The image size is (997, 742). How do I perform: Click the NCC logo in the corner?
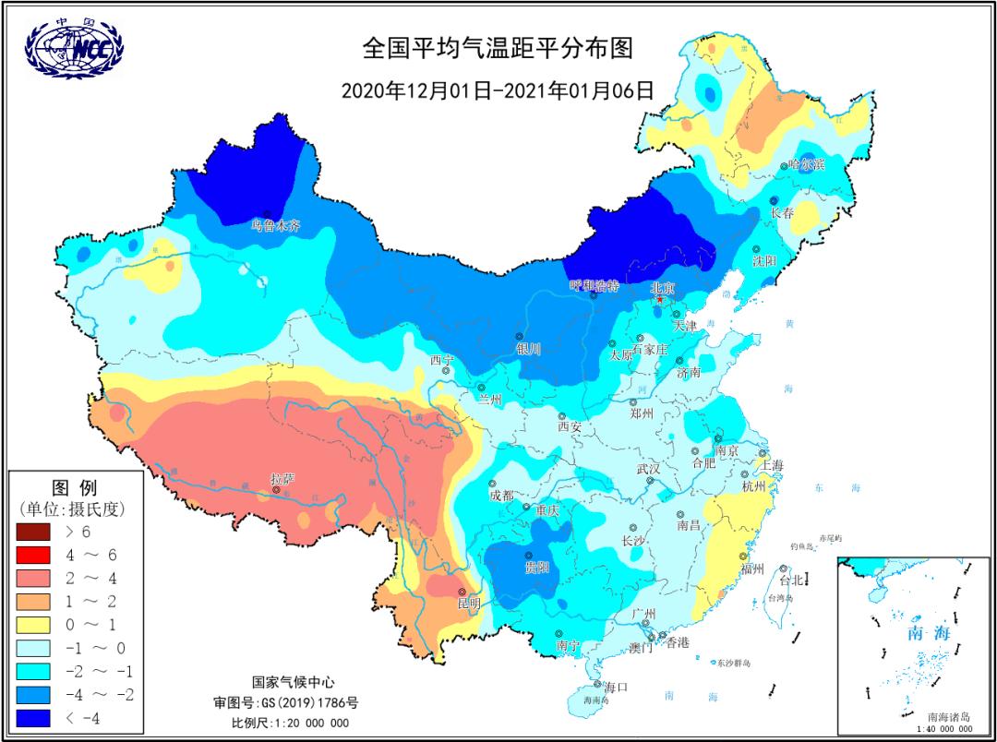click(75, 48)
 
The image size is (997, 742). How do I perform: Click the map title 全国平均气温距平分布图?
click(498, 48)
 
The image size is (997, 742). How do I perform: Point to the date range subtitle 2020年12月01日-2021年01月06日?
click(498, 90)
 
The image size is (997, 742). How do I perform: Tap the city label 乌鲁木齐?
click(276, 224)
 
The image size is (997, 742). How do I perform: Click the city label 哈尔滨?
click(806, 163)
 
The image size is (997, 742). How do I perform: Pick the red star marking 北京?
click(659, 299)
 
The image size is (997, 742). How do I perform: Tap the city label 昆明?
click(469, 604)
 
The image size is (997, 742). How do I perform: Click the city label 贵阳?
click(536, 567)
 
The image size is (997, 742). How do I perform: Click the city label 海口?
click(616, 686)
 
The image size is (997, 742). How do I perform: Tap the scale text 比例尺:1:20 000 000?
click(290, 723)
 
